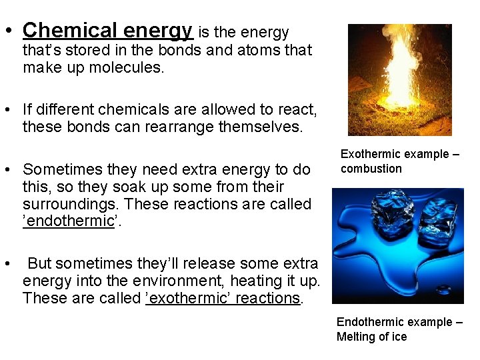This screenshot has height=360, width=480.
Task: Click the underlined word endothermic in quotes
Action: pos(69,221)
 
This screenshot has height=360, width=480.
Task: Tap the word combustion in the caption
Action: pos(371,169)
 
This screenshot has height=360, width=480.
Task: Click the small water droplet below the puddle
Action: pos(443,291)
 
